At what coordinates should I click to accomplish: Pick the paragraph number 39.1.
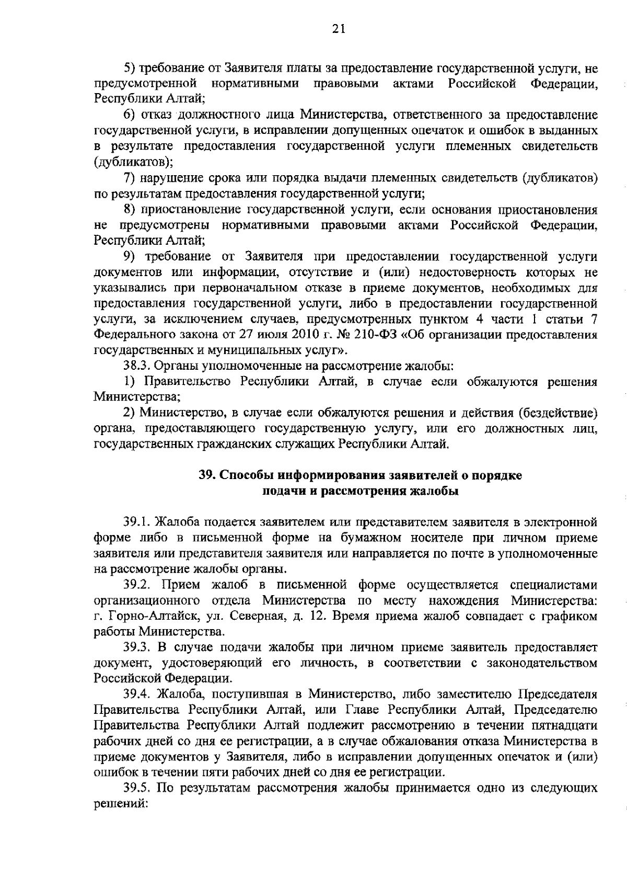pos(137,522)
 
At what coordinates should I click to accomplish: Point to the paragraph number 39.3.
pos(137,647)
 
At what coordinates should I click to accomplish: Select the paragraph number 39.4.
pos(137,695)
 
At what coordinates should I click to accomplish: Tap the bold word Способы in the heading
pos(244,475)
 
